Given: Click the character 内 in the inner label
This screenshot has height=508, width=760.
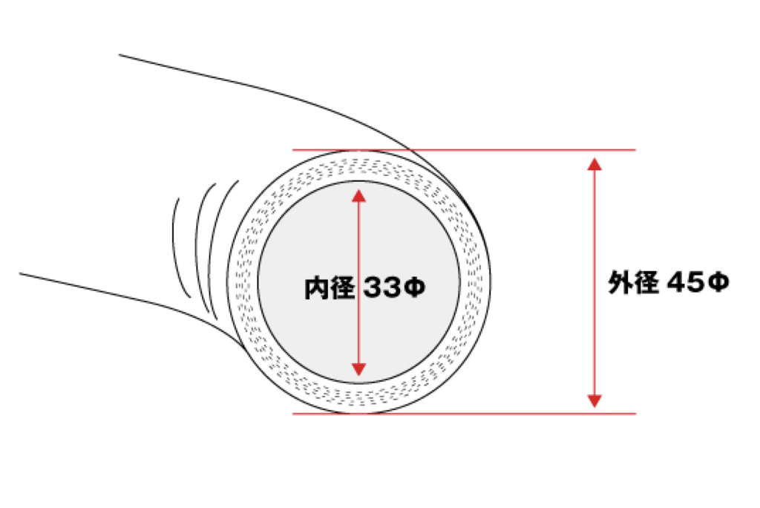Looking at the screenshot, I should pos(317,288).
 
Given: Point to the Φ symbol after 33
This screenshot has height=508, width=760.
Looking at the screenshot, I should pos(413,288).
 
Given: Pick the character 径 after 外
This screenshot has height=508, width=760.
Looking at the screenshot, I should pos(646,282).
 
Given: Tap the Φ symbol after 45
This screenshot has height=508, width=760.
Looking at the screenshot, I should pos(717,282).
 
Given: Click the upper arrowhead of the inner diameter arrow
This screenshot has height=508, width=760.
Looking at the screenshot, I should pos(359,195).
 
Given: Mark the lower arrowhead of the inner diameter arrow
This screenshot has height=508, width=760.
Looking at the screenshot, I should pos(359,368).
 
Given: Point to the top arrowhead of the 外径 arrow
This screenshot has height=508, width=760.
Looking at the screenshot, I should pos(593,163).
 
